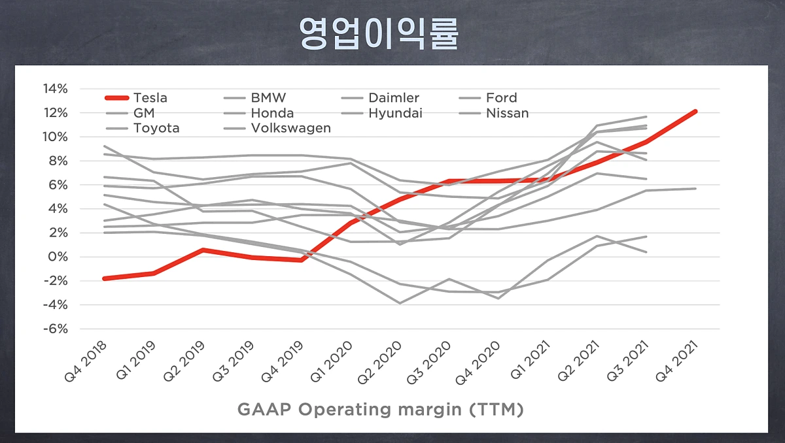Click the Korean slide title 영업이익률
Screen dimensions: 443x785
pos(379,32)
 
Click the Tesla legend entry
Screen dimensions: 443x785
pos(150,98)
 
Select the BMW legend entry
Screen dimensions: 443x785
pos(268,98)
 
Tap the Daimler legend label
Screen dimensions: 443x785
pos(393,98)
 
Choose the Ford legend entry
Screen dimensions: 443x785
pos(501,98)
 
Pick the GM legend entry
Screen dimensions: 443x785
pos(143,113)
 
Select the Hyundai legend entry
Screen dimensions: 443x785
pos(395,113)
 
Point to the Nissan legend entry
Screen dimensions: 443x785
pos(507,113)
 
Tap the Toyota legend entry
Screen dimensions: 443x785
pos(156,128)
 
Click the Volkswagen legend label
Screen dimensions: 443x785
pos(290,128)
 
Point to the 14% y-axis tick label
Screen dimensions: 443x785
pos(56,89)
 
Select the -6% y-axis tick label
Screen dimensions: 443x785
pos(56,329)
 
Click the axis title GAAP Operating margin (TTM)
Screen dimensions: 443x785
pos(380,410)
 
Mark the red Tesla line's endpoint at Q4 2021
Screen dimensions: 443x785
pos(695,111)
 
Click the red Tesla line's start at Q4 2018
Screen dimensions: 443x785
pos(105,278)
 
